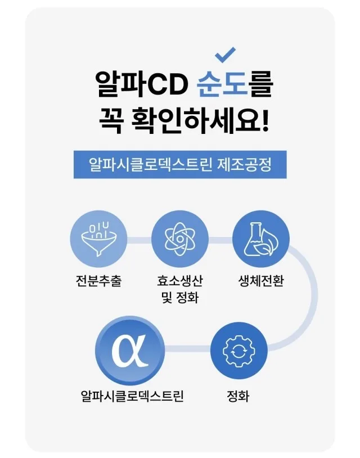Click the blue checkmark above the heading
224,55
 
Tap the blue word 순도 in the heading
223,84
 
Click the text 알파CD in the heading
142,84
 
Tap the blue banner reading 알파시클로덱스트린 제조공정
180,164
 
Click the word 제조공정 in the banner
245,164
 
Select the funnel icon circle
98,239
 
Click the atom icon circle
180,239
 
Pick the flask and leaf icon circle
261,239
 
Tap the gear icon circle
239,351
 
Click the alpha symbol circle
129,351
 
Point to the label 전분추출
98,281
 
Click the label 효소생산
180,281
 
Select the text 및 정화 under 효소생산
180,298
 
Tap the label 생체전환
261,281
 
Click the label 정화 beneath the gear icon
238,396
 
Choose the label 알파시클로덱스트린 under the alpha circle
132,396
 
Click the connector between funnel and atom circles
139,240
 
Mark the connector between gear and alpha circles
187,349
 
